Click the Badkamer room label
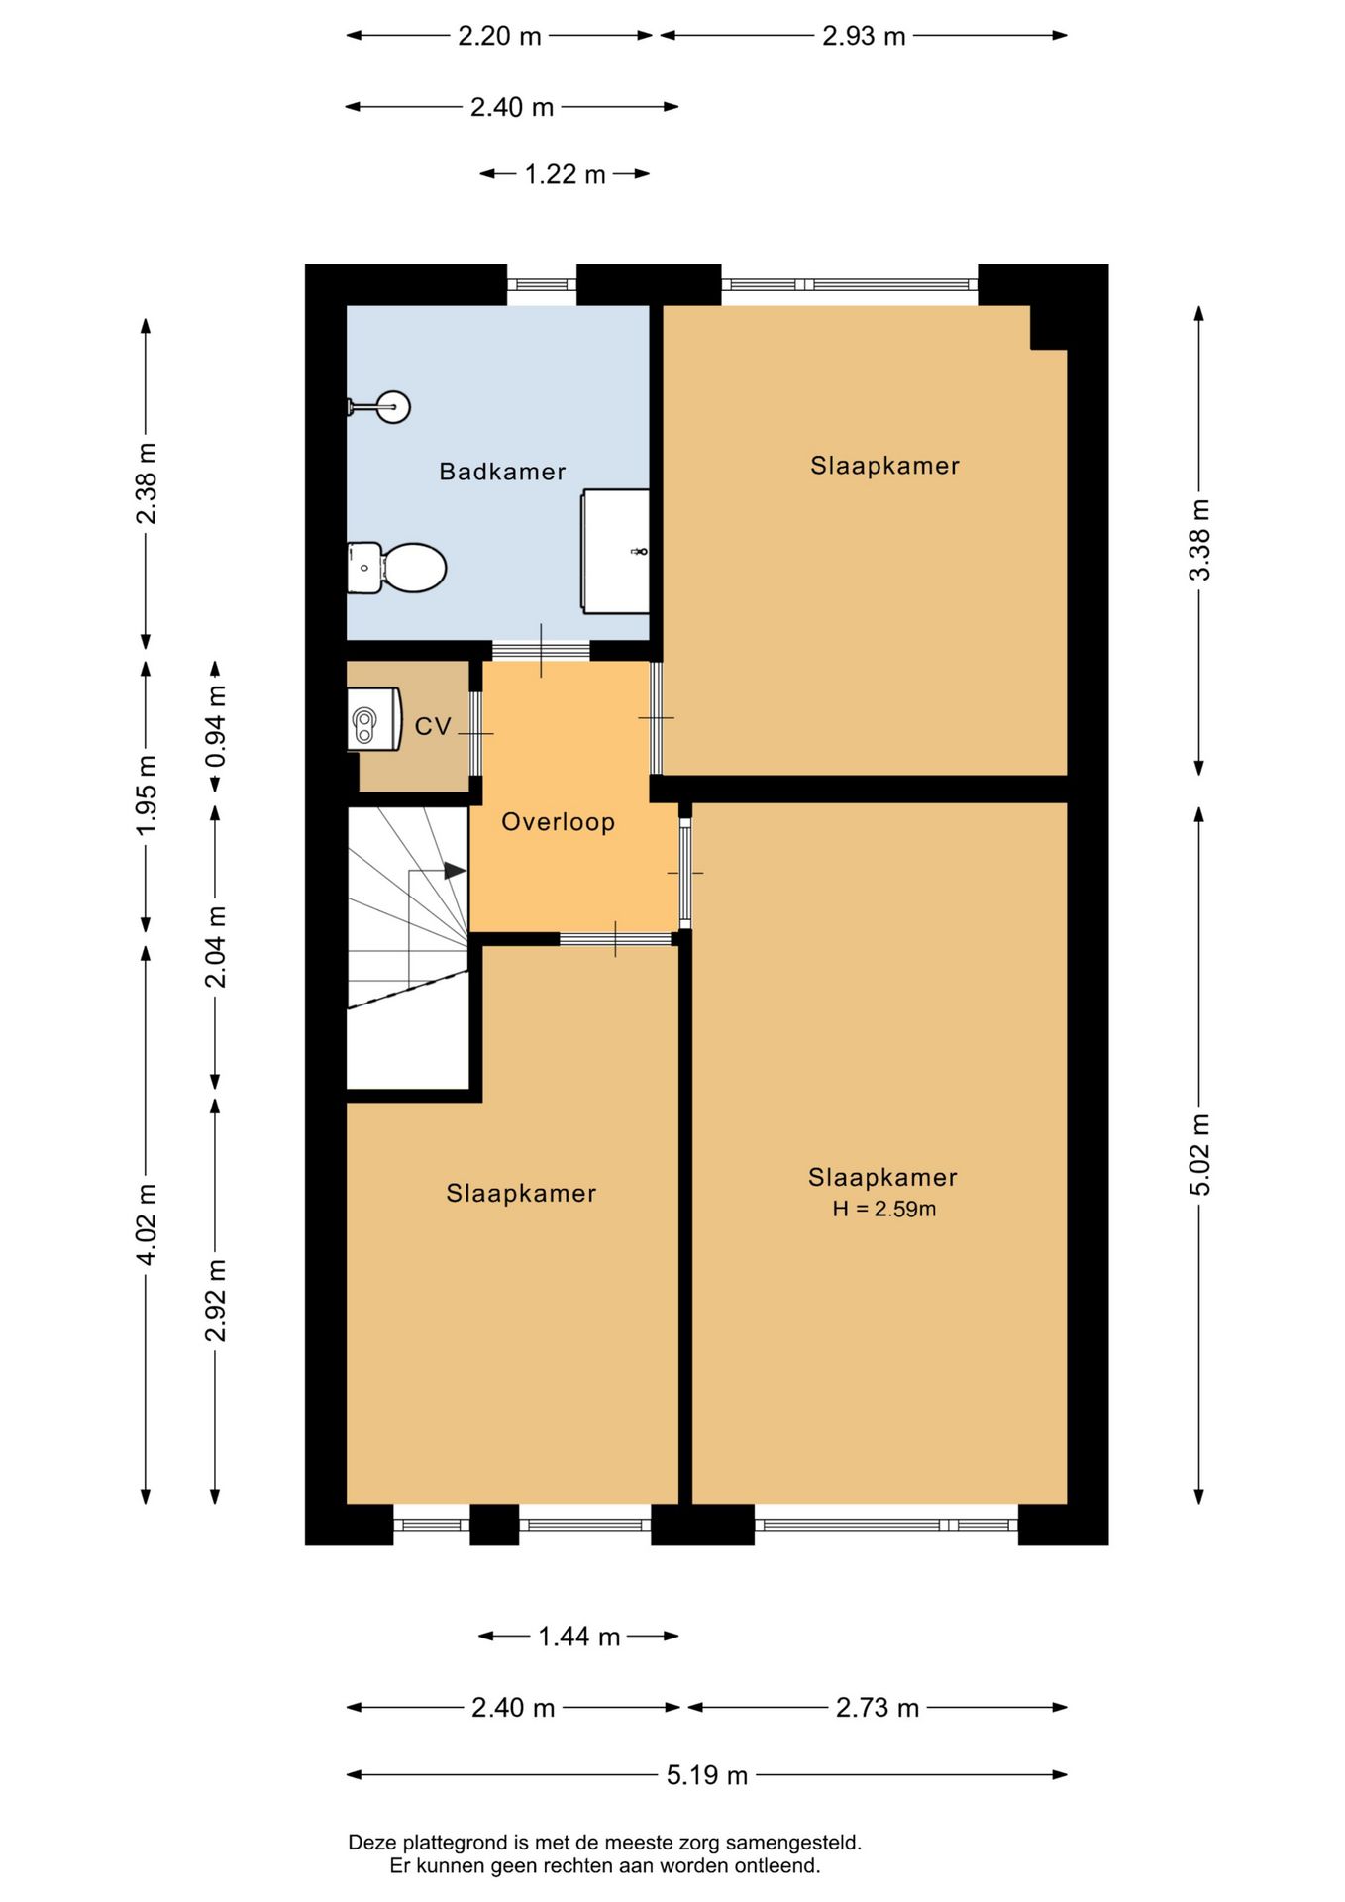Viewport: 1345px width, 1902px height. [502, 472]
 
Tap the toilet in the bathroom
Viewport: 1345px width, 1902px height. [396, 568]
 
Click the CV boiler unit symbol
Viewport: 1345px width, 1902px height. [373, 719]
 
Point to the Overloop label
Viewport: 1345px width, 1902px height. [559, 822]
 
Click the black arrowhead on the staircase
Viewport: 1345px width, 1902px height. [455, 871]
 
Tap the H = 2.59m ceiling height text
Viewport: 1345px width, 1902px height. [884, 1209]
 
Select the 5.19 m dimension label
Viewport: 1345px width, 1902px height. [707, 1775]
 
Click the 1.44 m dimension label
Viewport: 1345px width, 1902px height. [579, 1637]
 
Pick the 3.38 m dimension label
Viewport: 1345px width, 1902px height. [1199, 540]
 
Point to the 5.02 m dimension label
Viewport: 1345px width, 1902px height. [1199, 1154]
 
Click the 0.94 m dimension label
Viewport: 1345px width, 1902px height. [216, 726]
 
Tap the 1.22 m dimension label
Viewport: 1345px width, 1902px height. [565, 174]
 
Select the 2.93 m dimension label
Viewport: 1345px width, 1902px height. [865, 36]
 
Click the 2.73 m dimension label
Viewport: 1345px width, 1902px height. [878, 1708]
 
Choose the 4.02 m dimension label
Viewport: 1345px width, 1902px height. [147, 1223]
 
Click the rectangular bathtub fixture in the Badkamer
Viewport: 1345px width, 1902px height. [616, 551]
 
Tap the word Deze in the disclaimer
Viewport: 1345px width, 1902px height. [369, 1843]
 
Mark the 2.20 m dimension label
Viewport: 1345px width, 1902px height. [500, 36]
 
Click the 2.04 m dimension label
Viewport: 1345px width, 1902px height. [216, 946]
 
